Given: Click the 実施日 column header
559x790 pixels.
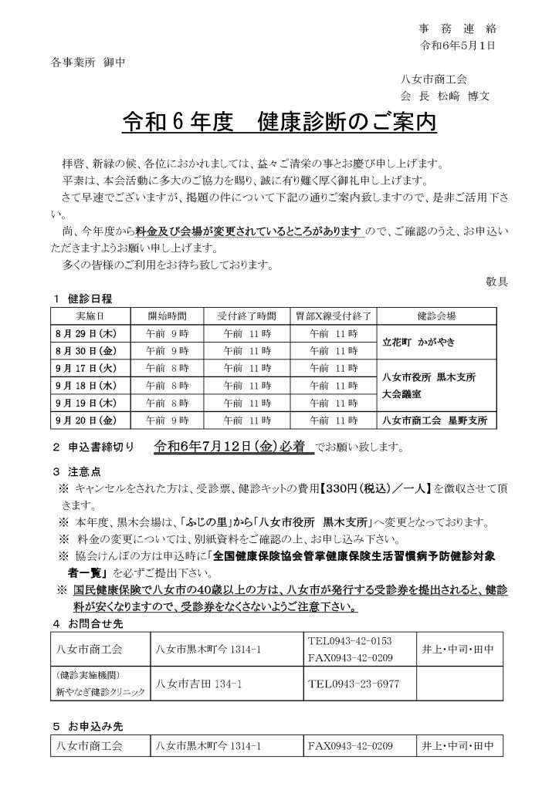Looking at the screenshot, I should click(x=90, y=316).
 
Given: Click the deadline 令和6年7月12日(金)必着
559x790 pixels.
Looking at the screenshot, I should click(x=234, y=445).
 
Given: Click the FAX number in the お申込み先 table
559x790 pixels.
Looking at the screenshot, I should click(x=350, y=746).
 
